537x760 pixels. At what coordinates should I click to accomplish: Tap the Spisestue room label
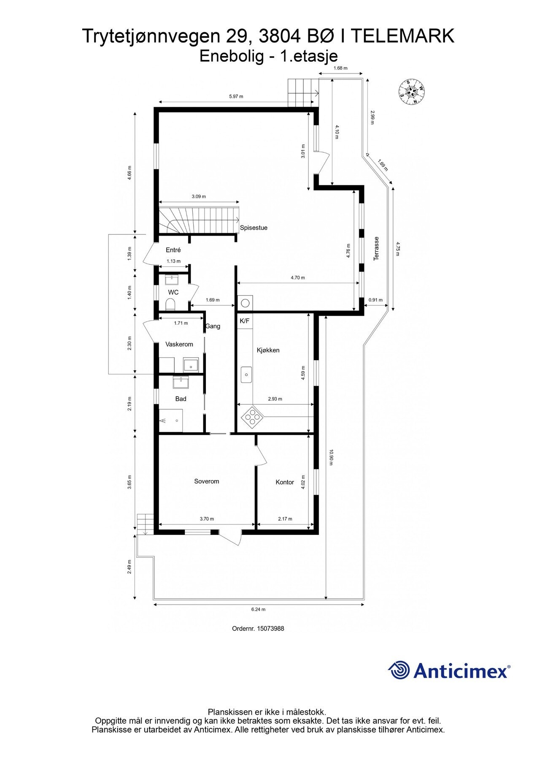click(254, 228)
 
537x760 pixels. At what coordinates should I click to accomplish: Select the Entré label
click(173, 250)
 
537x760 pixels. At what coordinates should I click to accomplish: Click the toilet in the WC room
click(170, 304)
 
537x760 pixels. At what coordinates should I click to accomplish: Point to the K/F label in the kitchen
click(244, 321)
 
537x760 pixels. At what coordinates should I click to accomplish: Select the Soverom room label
click(206, 481)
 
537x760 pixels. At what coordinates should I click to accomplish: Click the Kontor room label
click(285, 482)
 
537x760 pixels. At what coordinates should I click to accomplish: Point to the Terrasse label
click(376, 248)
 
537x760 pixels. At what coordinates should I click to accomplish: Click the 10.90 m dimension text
click(331, 457)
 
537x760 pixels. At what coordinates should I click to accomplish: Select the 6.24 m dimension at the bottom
click(258, 609)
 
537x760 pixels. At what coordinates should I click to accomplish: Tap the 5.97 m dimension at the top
click(236, 97)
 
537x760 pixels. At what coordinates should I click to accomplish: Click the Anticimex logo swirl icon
click(399, 670)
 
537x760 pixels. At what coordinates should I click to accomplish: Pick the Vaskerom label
click(179, 345)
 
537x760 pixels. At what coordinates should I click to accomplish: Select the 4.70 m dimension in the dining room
click(297, 278)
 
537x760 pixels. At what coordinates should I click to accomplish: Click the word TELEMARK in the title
click(403, 37)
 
